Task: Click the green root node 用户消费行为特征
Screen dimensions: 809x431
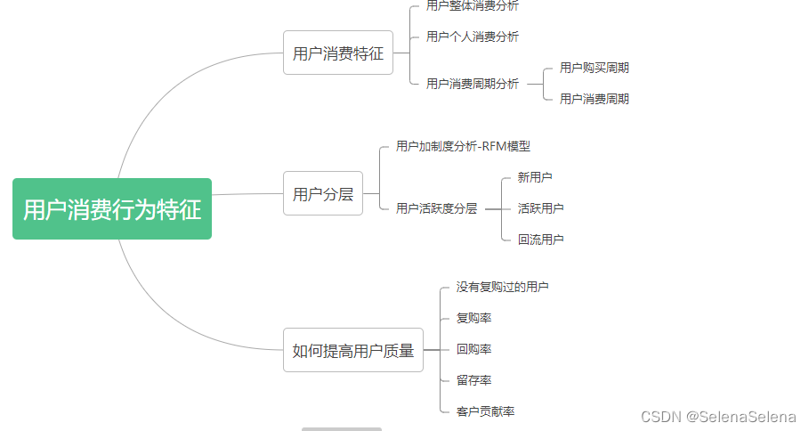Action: click(x=112, y=209)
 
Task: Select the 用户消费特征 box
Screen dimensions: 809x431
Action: click(x=338, y=53)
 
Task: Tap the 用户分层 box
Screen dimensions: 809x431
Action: click(x=323, y=193)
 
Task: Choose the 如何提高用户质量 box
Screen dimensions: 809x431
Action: click(x=353, y=350)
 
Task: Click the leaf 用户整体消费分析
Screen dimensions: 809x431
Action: click(x=472, y=6)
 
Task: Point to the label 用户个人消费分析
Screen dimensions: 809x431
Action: click(x=472, y=37)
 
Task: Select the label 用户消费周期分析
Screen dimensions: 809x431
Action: click(x=472, y=84)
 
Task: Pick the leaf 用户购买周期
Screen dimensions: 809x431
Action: click(x=594, y=68)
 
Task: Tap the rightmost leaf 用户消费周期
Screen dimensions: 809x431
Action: click(x=594, y=99)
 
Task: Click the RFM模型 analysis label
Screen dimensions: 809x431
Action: click(x=463, y=146)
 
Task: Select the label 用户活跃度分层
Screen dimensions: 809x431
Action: click(x=436, y=208)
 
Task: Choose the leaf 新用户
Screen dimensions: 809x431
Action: click(x=535, y=177)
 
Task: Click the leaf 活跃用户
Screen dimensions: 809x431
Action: click(x=540, y=208)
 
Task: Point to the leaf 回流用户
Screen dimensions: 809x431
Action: click(x=540, y=240)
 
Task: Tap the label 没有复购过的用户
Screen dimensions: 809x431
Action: click(x=502, y=287)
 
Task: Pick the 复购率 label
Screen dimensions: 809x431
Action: click(x=473, y=318)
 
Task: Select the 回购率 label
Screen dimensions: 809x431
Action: click(x=473, y=349)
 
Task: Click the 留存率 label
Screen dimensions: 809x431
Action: click(x=473, y=380)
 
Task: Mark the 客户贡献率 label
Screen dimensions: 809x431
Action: click(x=485, y=411)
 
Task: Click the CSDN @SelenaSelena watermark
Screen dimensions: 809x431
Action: click(x=719, y=416)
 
